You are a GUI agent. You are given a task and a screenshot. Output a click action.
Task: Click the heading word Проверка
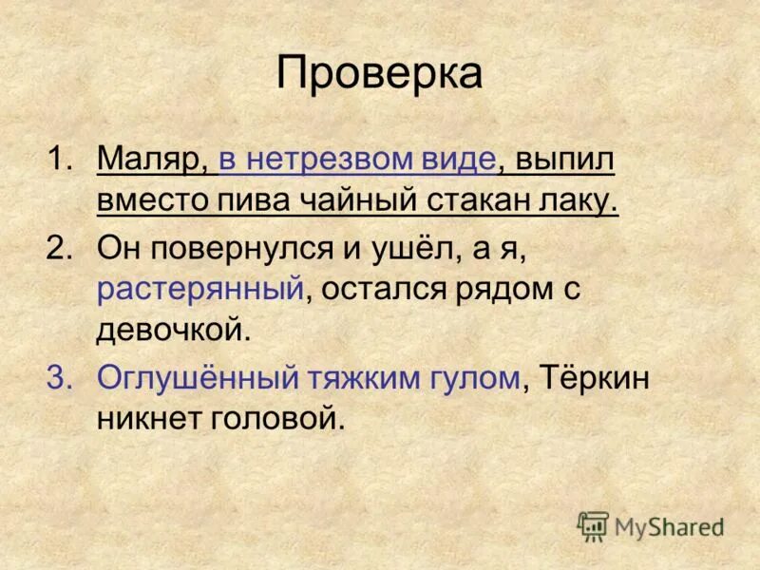click(x=379, y=75)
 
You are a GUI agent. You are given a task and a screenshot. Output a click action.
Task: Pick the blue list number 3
click(x=61, y=377)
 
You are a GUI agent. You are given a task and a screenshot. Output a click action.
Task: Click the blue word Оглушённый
click(x=195, y=377)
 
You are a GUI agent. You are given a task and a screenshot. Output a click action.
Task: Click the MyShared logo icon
click(x=593, y=526)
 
